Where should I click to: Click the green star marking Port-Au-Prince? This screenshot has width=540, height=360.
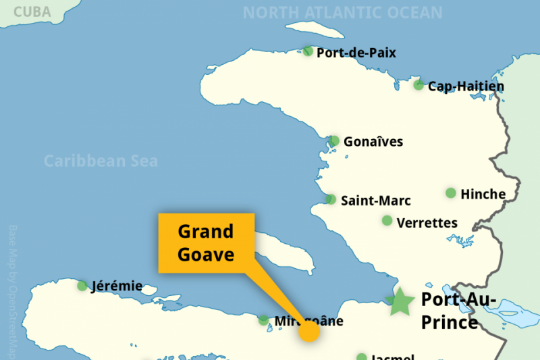click(x=401, y=302)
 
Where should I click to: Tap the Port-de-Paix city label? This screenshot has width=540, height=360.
click(x=356, y=53)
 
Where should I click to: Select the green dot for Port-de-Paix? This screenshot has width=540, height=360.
click(x=308, y=51)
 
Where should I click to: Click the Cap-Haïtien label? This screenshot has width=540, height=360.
click(x=466, y=86)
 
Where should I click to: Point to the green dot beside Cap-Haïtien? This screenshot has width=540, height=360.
click(x=418, y=85)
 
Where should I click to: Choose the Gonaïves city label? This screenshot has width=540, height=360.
click(x=373, y=142)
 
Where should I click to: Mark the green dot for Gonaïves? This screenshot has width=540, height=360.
click(x=334, y=140)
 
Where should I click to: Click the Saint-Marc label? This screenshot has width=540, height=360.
click(x=375, y=201)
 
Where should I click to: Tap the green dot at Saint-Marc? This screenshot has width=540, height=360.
click(x=331, y=199)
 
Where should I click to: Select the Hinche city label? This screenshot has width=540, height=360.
click(x=483, y=194)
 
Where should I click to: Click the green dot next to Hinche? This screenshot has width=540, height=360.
click(x=451, y=193)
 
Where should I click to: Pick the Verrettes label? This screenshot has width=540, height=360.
click(x=427, y=222)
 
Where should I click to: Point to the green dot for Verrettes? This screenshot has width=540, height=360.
click(x=387, y=221)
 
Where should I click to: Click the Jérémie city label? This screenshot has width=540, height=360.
click(x=117, y=286)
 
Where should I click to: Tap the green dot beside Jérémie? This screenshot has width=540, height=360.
click(x=82, y=286)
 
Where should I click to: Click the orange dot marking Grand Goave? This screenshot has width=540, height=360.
click(x=308, y=331)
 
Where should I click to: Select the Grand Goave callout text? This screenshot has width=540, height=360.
click(x=206, y=243)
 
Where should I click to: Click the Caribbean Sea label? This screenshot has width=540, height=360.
click(x=101, y=161)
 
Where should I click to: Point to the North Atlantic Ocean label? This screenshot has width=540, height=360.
click(x=342, y=13)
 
